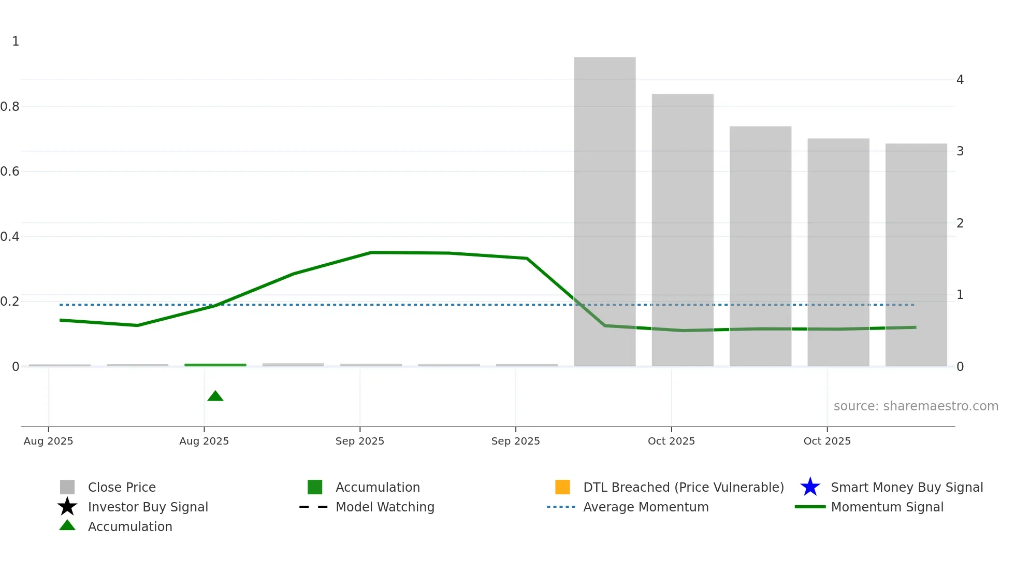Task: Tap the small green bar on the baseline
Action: (215, 365)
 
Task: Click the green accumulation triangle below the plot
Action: (215, 396)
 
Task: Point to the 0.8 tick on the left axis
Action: (10, 107)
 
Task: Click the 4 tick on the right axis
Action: (960, 80)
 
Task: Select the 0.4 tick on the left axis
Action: (10, 237)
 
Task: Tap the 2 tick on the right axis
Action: (960, 223)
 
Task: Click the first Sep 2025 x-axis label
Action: (359, 441)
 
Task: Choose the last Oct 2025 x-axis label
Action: (827, 441)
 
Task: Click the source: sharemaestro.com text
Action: (916, 406)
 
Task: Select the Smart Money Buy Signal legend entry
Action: (906, 488)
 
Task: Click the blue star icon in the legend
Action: (810, 487)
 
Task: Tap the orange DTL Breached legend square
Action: (562, 487)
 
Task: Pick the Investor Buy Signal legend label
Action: (148, 507)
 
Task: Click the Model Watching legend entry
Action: (385, 507)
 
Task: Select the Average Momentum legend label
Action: (645, 507)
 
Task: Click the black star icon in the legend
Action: (67, 507)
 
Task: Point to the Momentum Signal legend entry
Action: (887, 507)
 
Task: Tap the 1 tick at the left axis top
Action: (16, 41)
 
